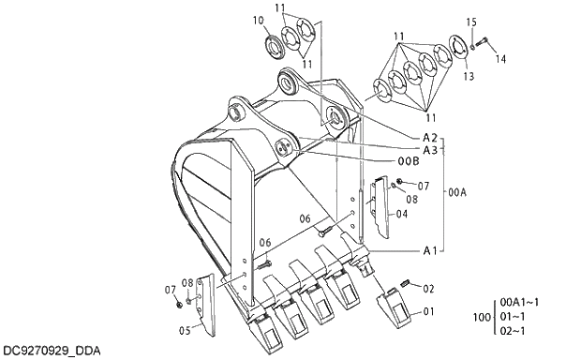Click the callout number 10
pos(258,20)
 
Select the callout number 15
pos(471,22)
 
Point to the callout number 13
pos(468,76)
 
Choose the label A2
pos(430,138)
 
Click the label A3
pos(430,150)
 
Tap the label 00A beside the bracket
pos(456,192)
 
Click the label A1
pos(430,250)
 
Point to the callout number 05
pos(186,329)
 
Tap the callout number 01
pos(428,310)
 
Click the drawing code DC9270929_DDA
pos(51,351)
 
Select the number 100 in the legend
pos(482,318)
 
